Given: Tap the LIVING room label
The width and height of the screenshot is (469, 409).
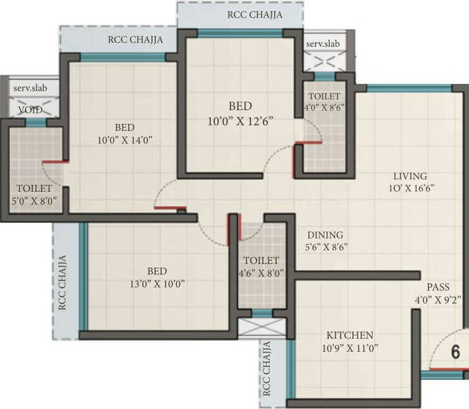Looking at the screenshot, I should (410, 176).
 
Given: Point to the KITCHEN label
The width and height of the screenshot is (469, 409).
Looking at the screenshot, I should (349, 335).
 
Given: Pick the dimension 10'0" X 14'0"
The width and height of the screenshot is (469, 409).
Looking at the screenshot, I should (125, 140).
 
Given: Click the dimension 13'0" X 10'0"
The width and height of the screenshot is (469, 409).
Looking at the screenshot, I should (157, 284).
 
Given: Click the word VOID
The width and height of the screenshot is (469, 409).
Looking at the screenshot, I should (30, 110).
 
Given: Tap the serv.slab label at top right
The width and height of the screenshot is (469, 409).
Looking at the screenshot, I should (322, 43).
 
